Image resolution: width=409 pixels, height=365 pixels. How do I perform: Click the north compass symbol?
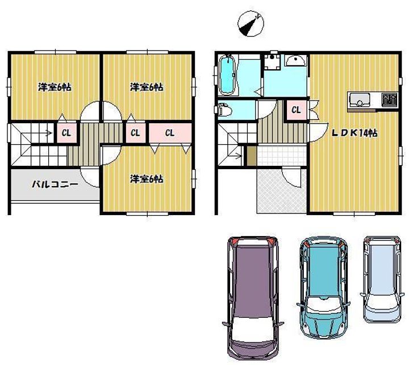pyautogui.click(x=251, y=24)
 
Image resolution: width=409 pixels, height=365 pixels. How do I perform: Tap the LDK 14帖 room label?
pyautogui.click(x=354, y=133)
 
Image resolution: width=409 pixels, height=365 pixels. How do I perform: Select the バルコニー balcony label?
pyautogui.click(x=55, y=184)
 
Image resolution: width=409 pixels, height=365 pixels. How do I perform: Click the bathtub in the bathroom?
pyautogui.click(x=227, y=75)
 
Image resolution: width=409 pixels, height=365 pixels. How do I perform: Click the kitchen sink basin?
pyautogui.click(x=360, y=100)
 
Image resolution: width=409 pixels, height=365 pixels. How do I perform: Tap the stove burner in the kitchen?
pyautogui.click(x=389, y=99)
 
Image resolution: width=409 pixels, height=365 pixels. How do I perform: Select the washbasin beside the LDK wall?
pyautogui.click(x=295, y=61)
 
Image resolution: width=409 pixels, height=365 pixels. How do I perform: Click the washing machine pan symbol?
pyautogui.click(x=272, y=62)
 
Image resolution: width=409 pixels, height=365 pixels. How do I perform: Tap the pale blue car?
pyautogui.click(x=382, y=279)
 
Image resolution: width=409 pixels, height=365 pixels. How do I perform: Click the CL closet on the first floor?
pyautogui.click(x=297, y=110)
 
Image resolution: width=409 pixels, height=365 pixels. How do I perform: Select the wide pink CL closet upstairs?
pyautogui.click(x=170, y=133)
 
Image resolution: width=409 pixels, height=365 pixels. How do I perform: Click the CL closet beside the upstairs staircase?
pyautogui.click(x=66, y=133)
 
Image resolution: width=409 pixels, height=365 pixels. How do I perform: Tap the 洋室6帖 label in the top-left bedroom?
pyautogui.click(x=55, y=87)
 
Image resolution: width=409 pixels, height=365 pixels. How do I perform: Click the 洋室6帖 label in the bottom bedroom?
pyautogui.click(x=147, y=179)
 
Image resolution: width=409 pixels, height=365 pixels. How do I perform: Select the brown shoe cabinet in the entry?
pyautogui.click(x=252, y=156)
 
